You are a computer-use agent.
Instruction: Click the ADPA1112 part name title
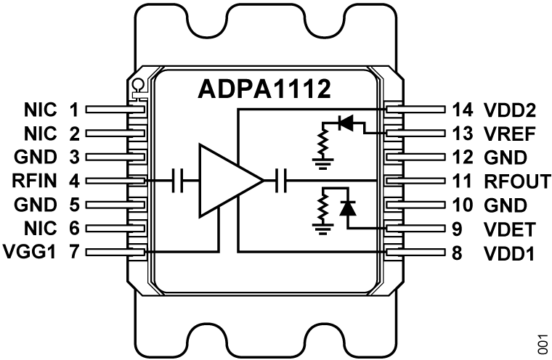[266, 91]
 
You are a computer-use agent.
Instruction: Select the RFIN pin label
[33, 180]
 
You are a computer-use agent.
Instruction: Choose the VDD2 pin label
[511, 110]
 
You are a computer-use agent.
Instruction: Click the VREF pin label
[511, 134]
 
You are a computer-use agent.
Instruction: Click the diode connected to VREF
[346, 123]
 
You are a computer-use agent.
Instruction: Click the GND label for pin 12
[502, 157]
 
